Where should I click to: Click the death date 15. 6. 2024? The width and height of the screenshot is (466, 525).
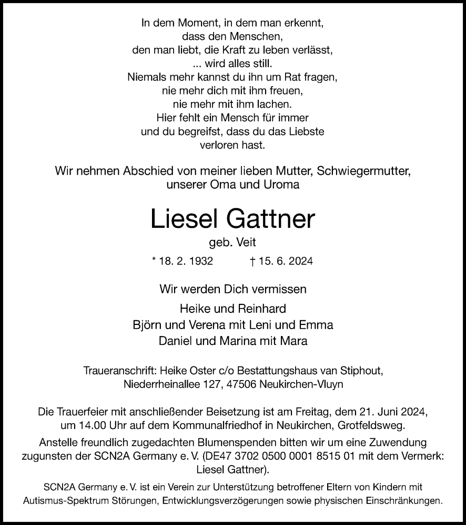point(284,261)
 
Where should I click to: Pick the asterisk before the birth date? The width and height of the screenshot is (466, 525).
point(154,260)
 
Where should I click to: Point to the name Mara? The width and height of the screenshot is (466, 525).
point(296,340)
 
